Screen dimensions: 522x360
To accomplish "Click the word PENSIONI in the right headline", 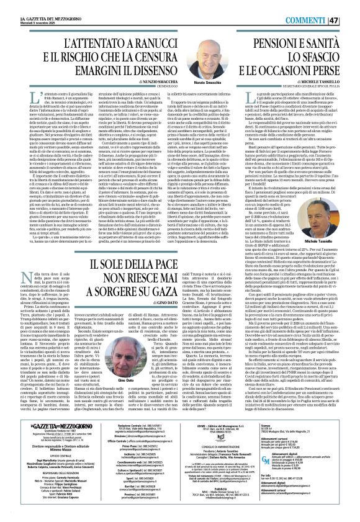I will (x=287, y=42).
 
